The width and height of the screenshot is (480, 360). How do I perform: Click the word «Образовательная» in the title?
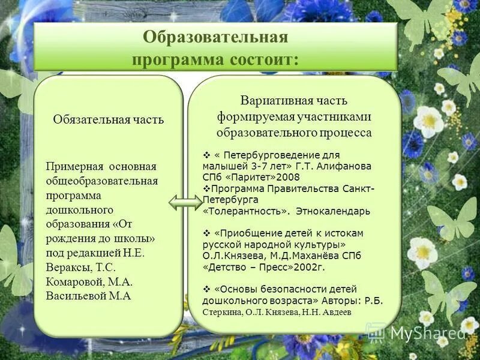click(215, 37)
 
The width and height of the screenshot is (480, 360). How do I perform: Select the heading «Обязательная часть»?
click(108, 119)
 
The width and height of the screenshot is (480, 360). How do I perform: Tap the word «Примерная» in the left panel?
click(74, 166)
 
